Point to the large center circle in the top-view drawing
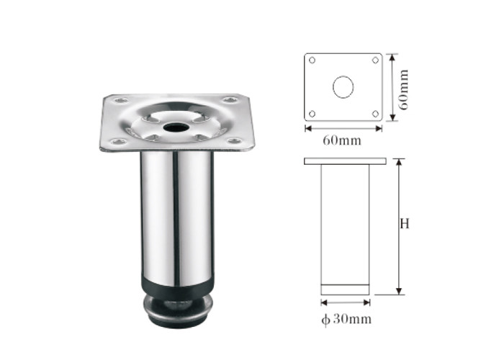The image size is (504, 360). pos(343,87)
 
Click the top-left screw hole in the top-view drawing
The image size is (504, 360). pos(312,60)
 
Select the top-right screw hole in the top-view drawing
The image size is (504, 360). pos(375,60)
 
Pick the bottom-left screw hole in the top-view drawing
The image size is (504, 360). pos(312,114)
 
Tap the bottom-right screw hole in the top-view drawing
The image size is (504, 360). pos(375,114)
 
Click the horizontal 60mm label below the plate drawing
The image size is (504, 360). pos(342,140)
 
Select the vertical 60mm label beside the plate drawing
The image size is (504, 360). pos(403,90)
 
